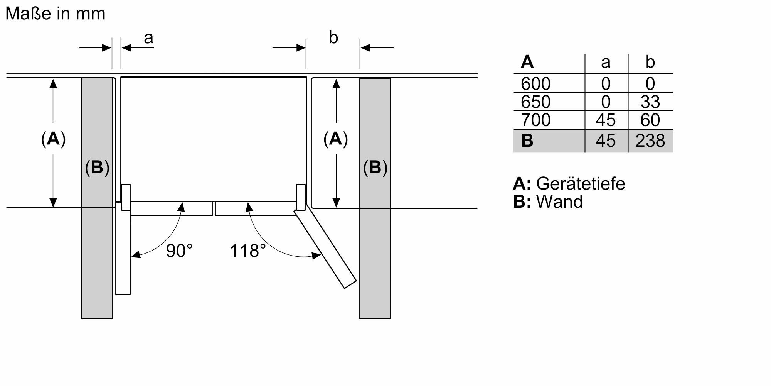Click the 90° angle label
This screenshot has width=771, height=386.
(x=179, y=251)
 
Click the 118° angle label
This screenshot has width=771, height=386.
(x=247, y=251)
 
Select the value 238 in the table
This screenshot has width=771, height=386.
(x=650, y=141)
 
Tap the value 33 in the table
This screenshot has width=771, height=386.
(x=650, y=102)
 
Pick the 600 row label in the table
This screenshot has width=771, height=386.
(x=535, y=84)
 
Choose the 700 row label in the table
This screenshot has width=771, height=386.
(x=535, y=120)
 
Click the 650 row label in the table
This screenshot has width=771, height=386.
(x=535, y=102)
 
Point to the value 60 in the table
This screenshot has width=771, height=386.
(x=650, y=120)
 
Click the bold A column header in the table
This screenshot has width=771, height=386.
(x=527, y=62)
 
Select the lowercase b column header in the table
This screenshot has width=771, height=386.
(x=650, y=62)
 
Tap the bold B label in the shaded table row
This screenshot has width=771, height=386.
(x=527, y=141)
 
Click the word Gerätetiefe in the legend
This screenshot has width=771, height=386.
(x=580, y=183)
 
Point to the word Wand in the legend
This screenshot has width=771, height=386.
(x=559, y=202)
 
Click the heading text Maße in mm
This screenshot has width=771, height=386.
(x=56, y=14)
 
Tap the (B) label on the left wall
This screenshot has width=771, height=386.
(x=97, y=168)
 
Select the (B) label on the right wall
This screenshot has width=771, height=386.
(x=375, y=168)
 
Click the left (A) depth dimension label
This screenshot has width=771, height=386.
(x=53, y=139)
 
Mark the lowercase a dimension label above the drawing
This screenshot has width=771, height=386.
(x=148, y=38)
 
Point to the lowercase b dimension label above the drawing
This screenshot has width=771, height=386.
(x=333, y=38)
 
